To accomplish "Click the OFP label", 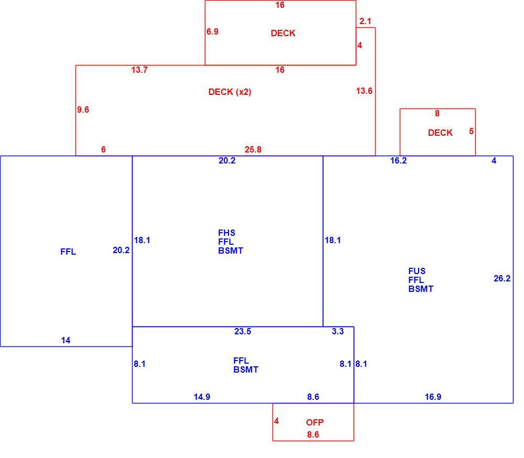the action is [x=315, y=422].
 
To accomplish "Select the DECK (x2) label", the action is [x=230, y=92].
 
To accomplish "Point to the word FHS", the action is [x=226, y=233].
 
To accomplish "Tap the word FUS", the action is [x=417, y=271].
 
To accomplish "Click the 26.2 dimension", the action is [x=502, y=278].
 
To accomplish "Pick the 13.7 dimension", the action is [x=139, y=70].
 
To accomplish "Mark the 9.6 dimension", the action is [x=83, y=110].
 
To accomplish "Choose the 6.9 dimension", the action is [x=212, y=31].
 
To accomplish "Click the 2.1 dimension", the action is [x=365, y=21].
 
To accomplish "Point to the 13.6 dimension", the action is [x=364, y=91].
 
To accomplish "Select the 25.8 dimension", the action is [x=253, y=149].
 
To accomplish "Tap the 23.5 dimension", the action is [x=243, y=331].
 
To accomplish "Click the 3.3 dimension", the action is [x=337, y=331].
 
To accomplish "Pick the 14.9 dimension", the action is [x=202, y=397].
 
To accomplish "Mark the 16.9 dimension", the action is [x=433, y=397].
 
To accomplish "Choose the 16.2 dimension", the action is [x=398, y=160].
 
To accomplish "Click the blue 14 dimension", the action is [x=65, y=340].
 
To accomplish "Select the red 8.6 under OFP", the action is [x=313, y=434].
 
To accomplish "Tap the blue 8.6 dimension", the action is [x=313, y=397].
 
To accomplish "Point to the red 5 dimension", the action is [x=471, y=131].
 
